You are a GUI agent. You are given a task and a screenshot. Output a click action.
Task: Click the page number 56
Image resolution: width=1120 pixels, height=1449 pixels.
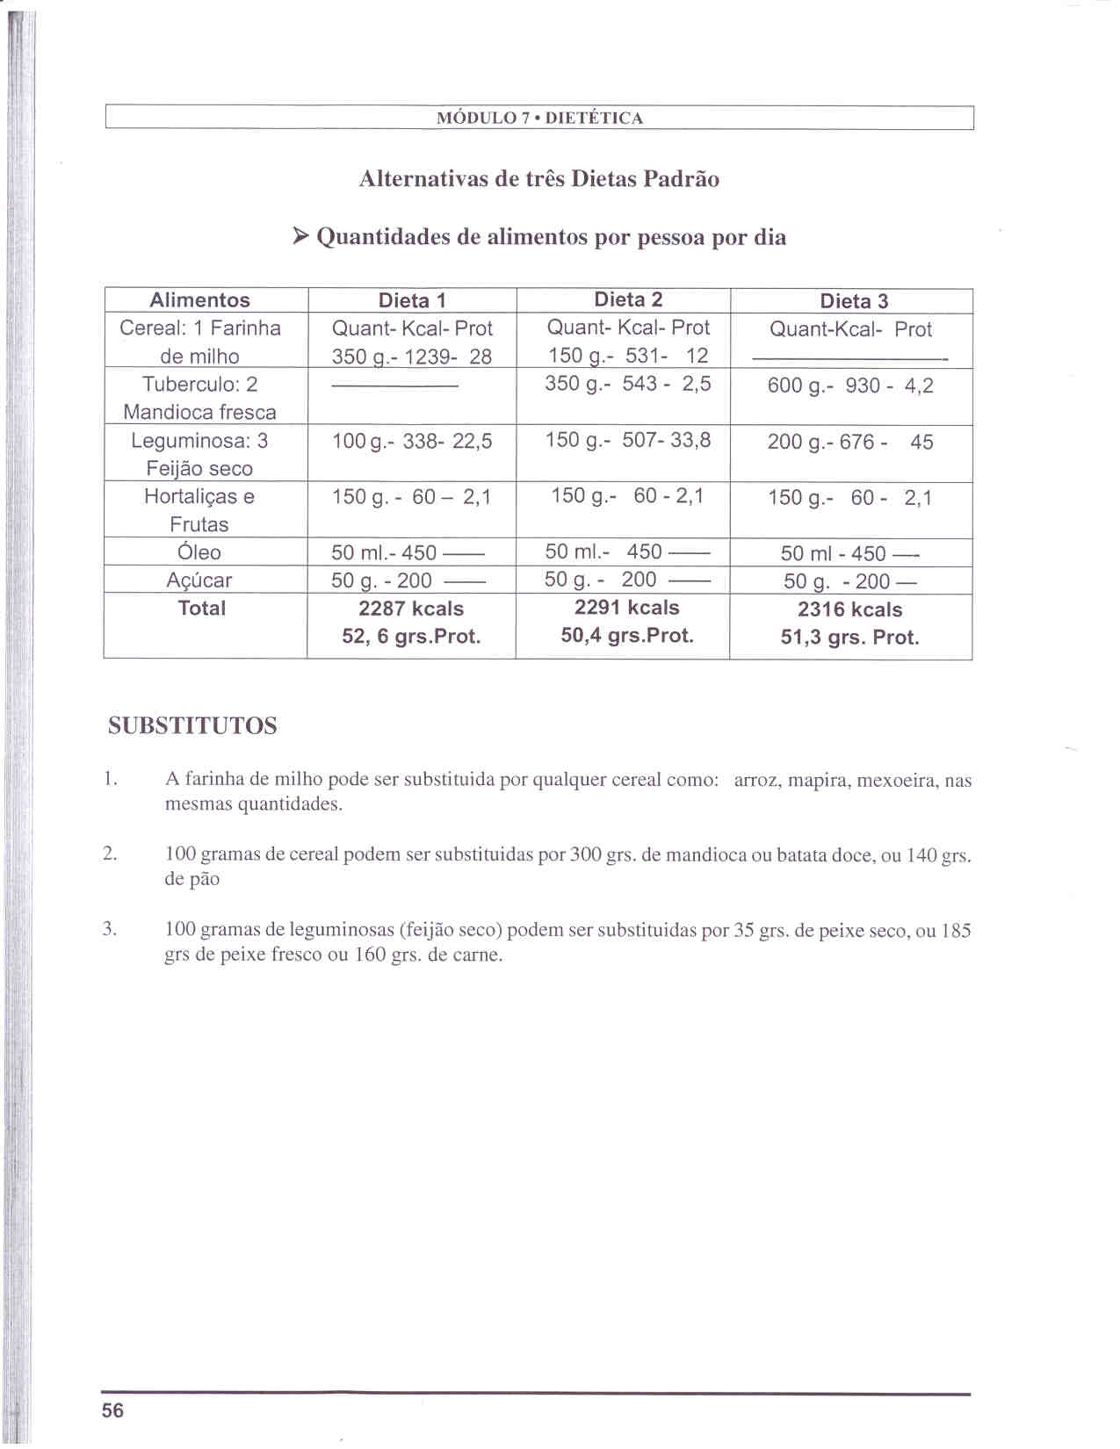pyautogui.click(x=113, y=1410)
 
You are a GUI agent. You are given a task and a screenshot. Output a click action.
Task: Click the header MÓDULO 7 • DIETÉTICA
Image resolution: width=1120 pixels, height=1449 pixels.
pyautogui.click(x=539, y=119)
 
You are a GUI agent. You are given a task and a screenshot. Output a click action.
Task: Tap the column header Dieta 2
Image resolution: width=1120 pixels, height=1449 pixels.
pyautogui.click(x=627, y=299)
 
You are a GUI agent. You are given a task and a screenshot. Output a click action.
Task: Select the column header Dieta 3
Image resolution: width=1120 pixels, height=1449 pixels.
pyautogui.click(x=854, y=301)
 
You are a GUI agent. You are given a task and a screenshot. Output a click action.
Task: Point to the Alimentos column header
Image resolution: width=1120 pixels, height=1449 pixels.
pyautogui.click(x=199, y=300)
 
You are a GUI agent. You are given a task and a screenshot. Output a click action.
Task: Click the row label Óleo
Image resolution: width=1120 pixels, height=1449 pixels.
pyautogui.click(x=199, y=552)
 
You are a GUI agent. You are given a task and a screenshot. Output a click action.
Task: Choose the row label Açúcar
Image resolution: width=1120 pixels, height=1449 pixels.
pyautogui.click(x=199, y=580)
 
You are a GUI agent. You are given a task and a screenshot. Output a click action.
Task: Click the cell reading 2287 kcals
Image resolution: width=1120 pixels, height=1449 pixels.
pyautogui.click(x=411, y=609)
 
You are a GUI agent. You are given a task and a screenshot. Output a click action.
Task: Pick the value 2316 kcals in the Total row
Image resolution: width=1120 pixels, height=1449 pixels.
pyautogui.click(x=849, y=609)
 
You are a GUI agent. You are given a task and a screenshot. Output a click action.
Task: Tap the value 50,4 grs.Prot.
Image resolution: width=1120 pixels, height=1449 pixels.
pyautogui.click(x=627, y=636)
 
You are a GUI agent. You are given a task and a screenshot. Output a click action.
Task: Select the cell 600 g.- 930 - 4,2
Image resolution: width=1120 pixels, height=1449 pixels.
pyautogui.click(x=849, y=386)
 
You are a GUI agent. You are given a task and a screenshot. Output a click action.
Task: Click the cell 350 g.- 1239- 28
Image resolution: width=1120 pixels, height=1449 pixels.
pyautogui.click(x=411, y=357)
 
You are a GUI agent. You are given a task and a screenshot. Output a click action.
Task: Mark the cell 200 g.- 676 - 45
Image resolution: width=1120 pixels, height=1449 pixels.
pyautogui.click(x=849, y=442)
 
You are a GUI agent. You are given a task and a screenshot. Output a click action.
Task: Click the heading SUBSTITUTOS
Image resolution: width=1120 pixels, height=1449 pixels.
pyautogui.click(x=192, y=726)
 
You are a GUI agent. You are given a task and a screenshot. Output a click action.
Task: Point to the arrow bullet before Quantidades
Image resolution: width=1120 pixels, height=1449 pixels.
pyautogui.click(x=300, y=236)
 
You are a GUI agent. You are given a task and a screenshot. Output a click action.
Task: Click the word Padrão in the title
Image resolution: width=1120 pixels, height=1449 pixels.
pyautogui.click(x=681, y=179)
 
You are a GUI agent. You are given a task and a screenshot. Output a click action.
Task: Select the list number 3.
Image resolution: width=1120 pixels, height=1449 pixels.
pyautogui.click(x=110, y=929)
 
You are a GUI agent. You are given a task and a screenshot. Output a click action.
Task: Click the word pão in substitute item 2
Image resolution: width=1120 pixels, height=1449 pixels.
pyautogui.click(x=205, y=879)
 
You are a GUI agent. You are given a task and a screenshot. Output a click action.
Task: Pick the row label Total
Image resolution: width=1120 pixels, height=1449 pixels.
pyautogui.click(x=201, y=608)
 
